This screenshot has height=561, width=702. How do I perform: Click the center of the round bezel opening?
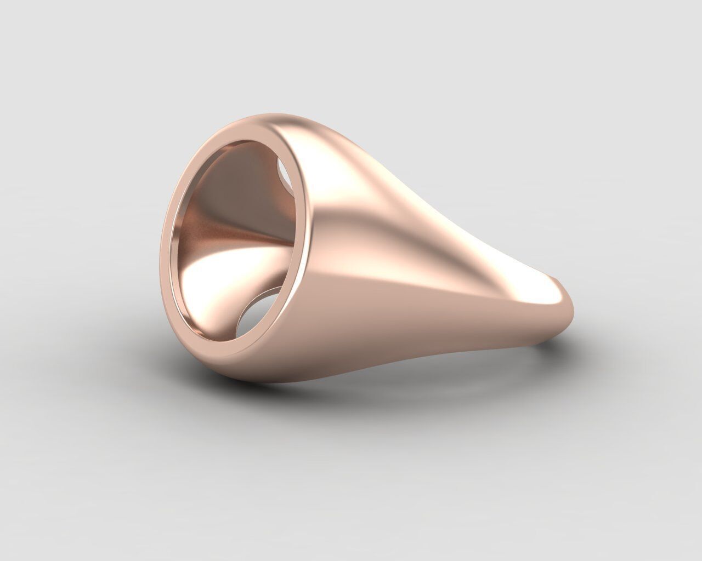pos(236,241)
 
